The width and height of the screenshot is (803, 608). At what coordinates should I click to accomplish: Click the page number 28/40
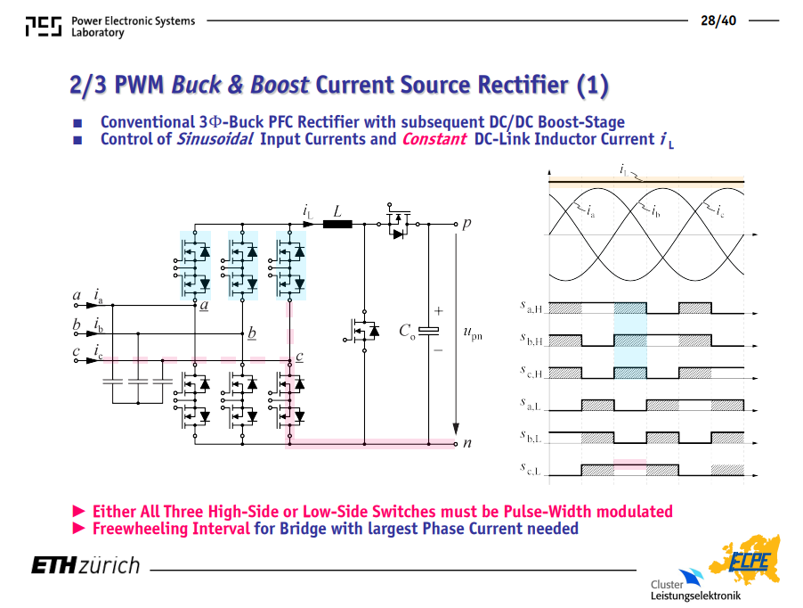[x=718, y=21]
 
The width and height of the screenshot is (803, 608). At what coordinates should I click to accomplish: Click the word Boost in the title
[x=280, y=85]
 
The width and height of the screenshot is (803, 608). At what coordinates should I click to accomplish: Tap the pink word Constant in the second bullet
[x=434, y=139]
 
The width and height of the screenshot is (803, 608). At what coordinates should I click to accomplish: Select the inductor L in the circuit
[x=337, y=224]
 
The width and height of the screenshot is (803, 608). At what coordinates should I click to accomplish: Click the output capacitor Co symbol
[x=428, y=331]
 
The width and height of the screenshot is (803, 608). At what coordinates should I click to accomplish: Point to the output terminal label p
[x=466, y=224]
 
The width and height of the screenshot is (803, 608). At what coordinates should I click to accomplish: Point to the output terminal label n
[x=467, y=443]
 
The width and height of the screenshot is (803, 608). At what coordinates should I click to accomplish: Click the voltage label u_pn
[x=473, y=333]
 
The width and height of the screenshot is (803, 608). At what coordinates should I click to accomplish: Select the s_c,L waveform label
[x=531, y=469]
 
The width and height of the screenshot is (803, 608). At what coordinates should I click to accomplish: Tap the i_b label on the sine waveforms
[x=655, y=210]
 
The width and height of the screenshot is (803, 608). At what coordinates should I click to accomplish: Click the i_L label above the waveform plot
[x=624, y=169]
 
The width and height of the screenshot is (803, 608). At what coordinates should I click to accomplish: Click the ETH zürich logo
[x=85, y=565]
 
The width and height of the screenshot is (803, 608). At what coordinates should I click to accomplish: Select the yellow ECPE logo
[x=745, y=560]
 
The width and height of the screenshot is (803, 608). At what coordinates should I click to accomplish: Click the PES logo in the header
[x=44, y=26]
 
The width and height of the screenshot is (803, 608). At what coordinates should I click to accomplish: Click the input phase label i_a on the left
[x=98, y=296]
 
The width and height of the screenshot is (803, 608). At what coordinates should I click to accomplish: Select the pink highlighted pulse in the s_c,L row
[x=630, y=464]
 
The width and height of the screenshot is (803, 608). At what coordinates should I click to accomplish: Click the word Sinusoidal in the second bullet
[x=215, y=139]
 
